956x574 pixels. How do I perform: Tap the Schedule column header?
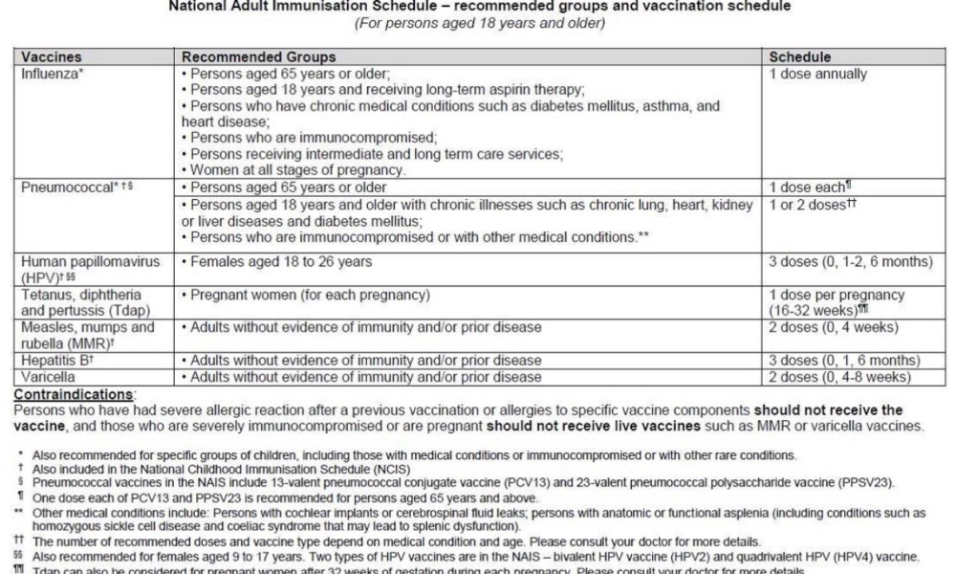(x=800, y=57)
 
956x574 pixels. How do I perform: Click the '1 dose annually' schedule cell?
(x=818, y=74)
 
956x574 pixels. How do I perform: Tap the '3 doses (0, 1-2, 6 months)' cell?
(x=850, y=262)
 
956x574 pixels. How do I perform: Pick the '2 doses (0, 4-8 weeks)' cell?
(x=837, y=377)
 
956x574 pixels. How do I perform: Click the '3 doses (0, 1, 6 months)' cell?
(x=844, y=361)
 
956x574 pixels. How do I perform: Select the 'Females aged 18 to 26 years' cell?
(x=280, y=262)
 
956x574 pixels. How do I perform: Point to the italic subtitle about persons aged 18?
(x=479, y=23)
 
